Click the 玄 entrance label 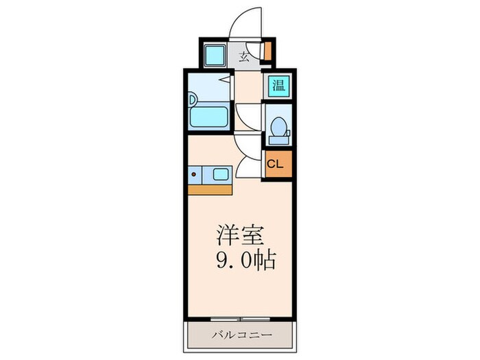pyautogui.click(x=244, y=57)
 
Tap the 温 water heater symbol pyautogui.click(x=278, y=85)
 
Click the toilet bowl pyautogui.click(x=278, y=127)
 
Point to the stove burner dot pyautogui.click(x=195, y=175)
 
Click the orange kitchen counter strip pyautogui.click(x=210, y=189)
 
